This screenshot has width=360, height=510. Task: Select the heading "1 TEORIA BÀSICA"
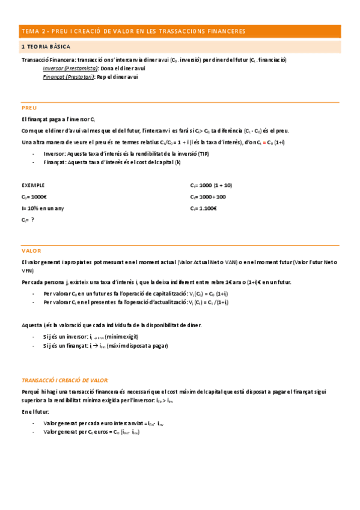point(46,46)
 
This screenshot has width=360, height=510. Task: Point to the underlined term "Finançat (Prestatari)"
point(68,77)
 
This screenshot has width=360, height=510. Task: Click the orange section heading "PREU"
point(29,108)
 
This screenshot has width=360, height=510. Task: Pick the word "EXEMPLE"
point(33,186)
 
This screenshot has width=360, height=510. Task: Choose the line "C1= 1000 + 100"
point(208,197)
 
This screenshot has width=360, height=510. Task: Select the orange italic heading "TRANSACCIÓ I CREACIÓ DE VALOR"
point(64,380)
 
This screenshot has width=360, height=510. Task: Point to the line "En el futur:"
point(35,412)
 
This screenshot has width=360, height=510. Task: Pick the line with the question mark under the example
point(28,220)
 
